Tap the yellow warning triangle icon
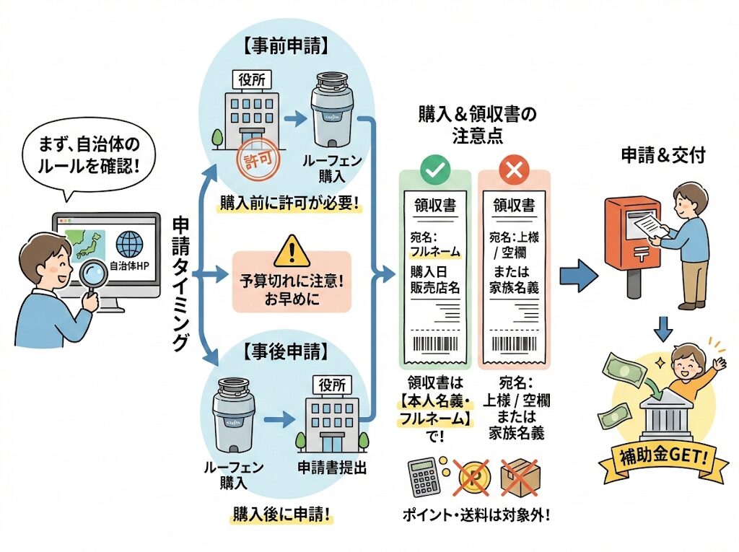[x=290, y=250]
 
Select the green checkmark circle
[x=435, y=170]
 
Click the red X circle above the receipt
[x=514, y=170]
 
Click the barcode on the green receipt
[x=435, y=343]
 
